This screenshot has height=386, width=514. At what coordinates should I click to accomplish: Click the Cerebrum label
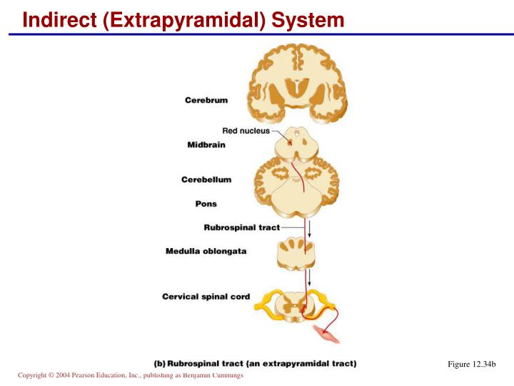tap(206, 100)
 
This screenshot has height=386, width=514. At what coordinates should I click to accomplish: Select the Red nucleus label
tap(246, 131)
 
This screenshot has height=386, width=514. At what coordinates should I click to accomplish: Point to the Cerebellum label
tap(206, 179)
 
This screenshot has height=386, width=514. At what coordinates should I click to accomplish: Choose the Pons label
tap(206, 204)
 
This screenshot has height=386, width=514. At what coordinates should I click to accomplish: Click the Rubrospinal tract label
tap(242, 228)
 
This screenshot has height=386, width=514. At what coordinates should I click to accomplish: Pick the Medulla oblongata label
tap(206, 251)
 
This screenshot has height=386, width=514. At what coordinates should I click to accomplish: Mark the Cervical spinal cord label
tap(206, 296)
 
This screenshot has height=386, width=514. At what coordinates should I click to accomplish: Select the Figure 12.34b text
tap(471, 365)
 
